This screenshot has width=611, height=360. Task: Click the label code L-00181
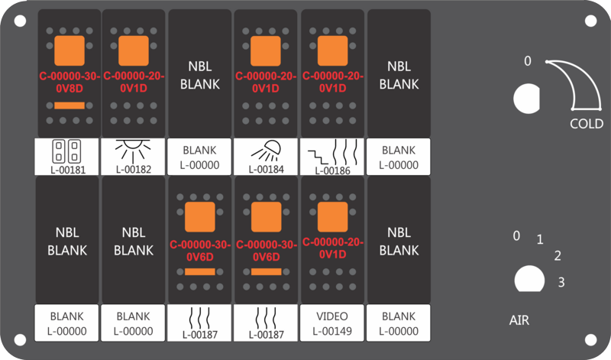68,170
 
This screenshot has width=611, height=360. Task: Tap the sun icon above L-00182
133,151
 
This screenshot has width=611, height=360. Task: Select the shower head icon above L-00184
266,151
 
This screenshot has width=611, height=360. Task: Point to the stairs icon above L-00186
318,157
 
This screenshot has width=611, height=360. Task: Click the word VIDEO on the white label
332,316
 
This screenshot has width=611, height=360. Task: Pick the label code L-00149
332,331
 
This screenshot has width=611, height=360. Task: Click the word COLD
587,124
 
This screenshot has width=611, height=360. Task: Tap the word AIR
519,320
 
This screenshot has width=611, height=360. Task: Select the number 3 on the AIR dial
561,282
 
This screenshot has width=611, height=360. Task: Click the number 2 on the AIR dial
558,256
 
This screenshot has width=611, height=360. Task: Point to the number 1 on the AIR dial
540,239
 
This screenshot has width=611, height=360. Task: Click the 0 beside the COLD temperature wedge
528,61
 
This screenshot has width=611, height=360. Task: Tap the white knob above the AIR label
529,279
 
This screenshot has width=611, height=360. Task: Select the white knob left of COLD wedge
526,99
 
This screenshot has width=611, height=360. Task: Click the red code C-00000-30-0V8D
70,83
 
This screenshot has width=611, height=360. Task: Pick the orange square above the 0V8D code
70,50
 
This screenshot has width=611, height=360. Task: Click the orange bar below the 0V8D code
70,105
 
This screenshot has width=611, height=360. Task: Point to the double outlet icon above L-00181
66,151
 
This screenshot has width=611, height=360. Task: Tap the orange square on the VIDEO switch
332,217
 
